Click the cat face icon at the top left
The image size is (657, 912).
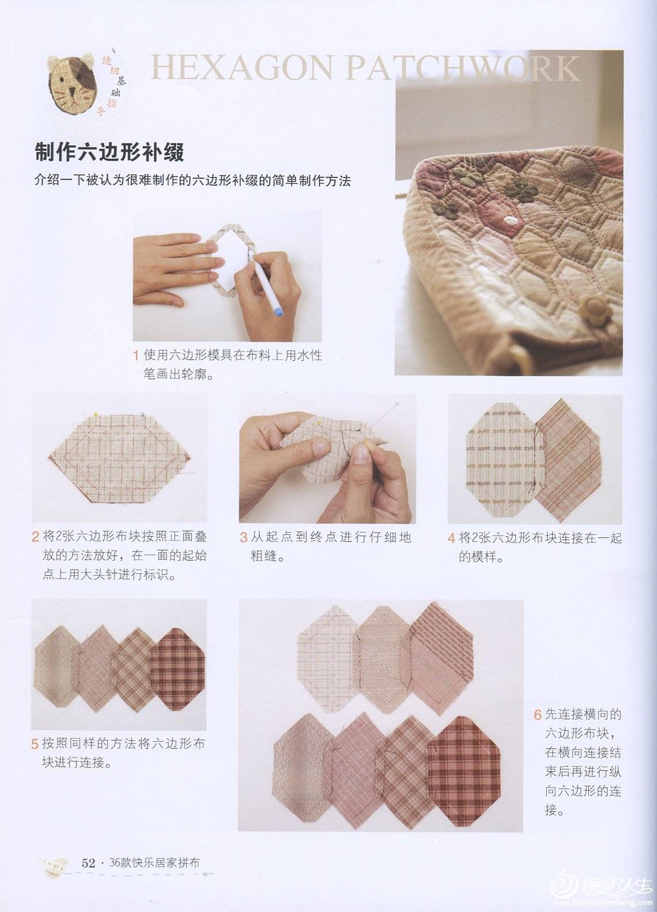(72, 85)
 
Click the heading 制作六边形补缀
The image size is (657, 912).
(109, 152)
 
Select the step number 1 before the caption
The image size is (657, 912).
(137, 356)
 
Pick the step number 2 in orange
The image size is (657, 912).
(35, 537)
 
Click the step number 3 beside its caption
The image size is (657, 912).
(243, 538)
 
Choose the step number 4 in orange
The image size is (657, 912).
(451, 538)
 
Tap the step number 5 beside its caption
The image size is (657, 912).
(35, 744)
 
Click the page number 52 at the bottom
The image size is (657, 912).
(88, 863)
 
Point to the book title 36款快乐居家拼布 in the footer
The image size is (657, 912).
(154, 863)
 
